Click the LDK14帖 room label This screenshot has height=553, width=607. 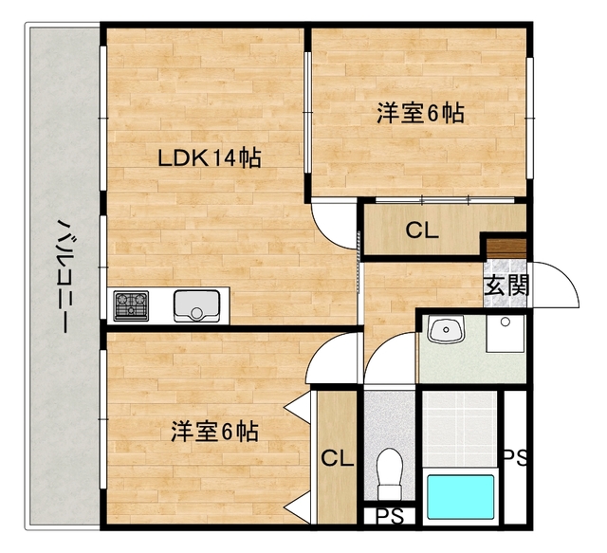(x=209, y=157)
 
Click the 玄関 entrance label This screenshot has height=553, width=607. (x=506, y=285)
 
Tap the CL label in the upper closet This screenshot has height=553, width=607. (x=422, y=230)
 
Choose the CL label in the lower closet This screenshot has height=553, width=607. (x=337, y=459)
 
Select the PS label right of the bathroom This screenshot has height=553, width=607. (x=515, y=457)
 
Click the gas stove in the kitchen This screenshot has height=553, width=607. (x=131, y=305)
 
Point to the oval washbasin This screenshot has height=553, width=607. (x=444, y=331)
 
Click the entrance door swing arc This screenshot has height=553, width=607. (x=560, y=285)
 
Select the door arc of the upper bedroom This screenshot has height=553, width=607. (x=334, y=222)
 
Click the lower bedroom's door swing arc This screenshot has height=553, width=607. (x=334, y=361)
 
